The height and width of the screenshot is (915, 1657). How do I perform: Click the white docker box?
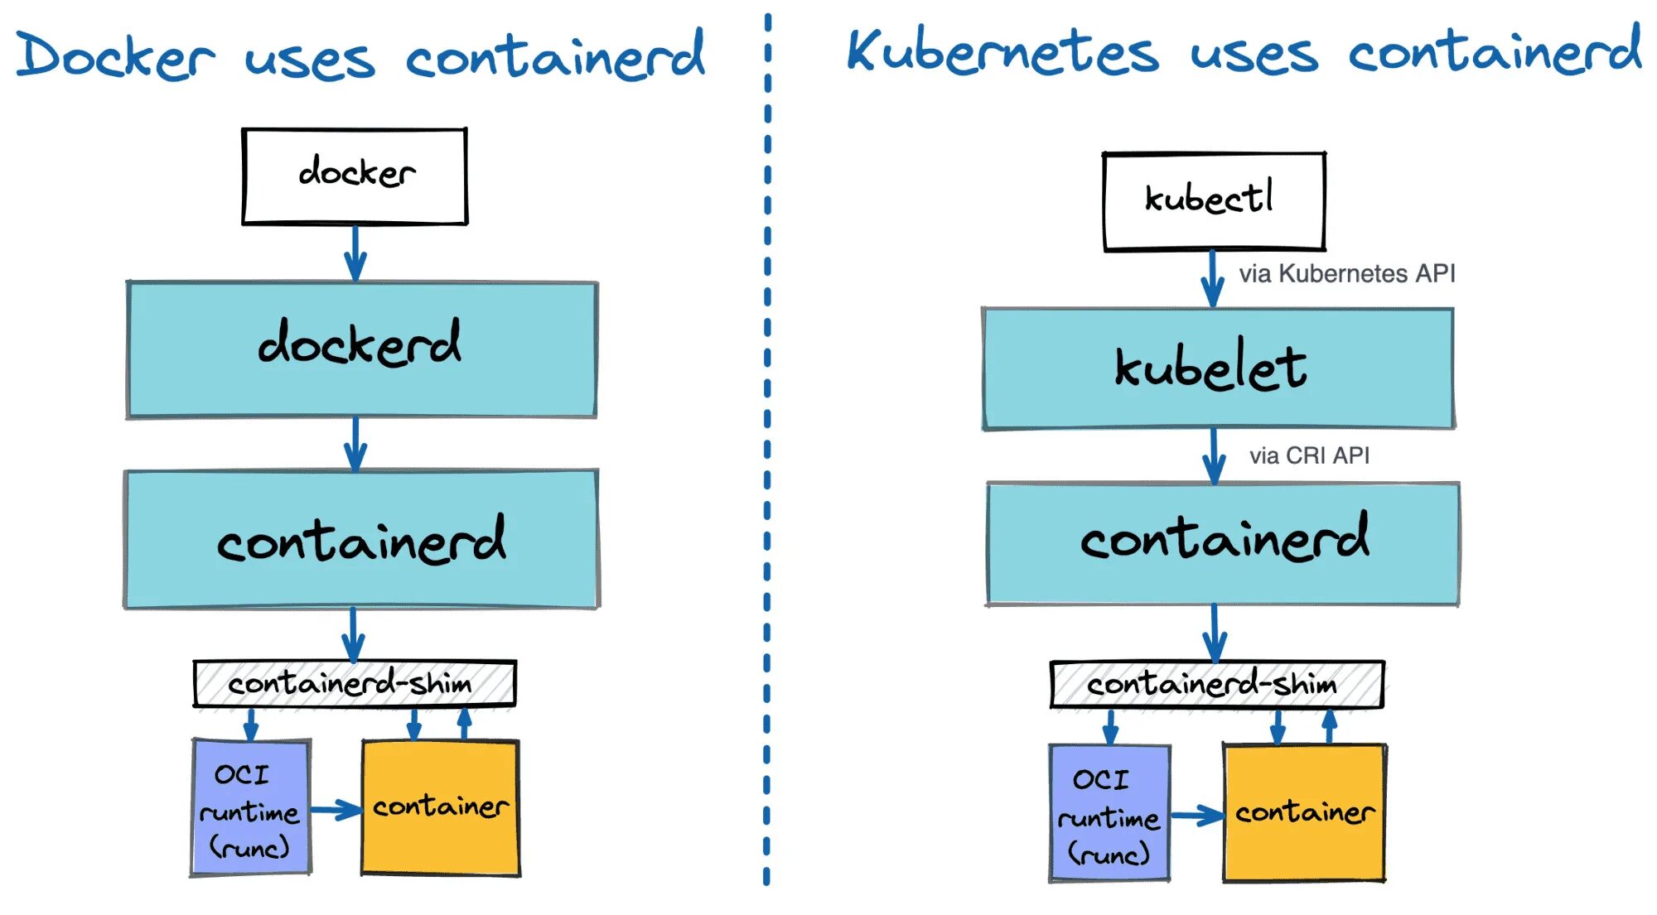click(355, 176)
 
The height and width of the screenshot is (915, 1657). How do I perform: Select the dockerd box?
click(361, 349)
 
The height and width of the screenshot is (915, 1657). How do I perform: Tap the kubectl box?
click(1214, 201)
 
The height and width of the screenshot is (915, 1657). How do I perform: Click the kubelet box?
click(1218, 369)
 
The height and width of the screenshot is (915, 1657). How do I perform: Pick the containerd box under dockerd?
click(361, 539)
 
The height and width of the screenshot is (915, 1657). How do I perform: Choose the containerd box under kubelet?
click(1223, 543)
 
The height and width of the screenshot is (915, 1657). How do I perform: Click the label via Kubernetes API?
click(1346, 274)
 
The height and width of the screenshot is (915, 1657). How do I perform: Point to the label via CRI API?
click(1309, 456)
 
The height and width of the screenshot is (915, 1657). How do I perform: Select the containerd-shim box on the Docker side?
click(355, 684)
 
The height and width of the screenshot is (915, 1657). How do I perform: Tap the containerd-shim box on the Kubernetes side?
click(1216, 685)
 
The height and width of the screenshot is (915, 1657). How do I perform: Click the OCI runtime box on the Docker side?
click(251, 808)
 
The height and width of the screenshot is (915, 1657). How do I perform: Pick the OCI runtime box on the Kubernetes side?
click(1109, 814)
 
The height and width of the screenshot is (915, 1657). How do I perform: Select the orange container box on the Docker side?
click(441, 808)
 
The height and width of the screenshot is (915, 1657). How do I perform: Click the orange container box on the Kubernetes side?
click(1304, 813)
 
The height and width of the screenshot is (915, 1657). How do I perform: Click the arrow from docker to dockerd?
click(355, 253)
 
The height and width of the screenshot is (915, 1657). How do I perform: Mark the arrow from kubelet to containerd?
click(1214, 455)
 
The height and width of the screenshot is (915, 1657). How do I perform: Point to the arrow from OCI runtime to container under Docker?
click(336, 810)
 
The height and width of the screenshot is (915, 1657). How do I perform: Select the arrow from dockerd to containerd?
click(355, 444)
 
